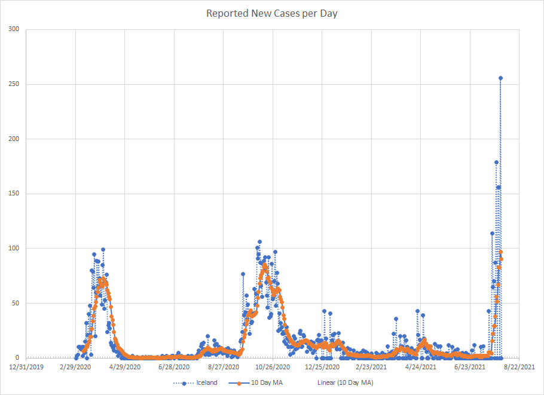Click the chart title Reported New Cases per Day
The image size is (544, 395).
click(271, 13)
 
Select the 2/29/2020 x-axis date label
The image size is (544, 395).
click(75, 367)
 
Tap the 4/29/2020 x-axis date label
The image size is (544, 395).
click(124, 367)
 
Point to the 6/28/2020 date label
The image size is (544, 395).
click(174, 367)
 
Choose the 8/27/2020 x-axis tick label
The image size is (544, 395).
click(224, 367)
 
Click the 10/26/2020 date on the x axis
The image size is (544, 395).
click(273, 367)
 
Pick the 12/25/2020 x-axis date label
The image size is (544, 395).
click(322, 367)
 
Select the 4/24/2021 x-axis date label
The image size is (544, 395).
click(421, 367)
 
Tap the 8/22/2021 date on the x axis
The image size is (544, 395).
click(519, 367)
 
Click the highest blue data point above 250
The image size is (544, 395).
click(500, 78)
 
